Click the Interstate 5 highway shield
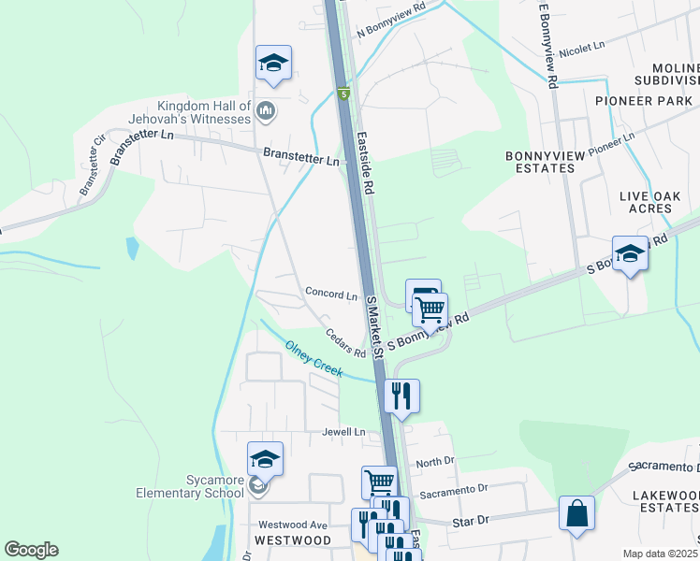343,93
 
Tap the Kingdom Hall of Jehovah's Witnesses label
205,112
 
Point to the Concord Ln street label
331,294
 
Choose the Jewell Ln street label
343,432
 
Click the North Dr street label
434,463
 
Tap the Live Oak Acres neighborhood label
652,202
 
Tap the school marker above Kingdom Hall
273,63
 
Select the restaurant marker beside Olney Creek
401,395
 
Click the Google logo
31,550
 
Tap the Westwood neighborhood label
292,540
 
